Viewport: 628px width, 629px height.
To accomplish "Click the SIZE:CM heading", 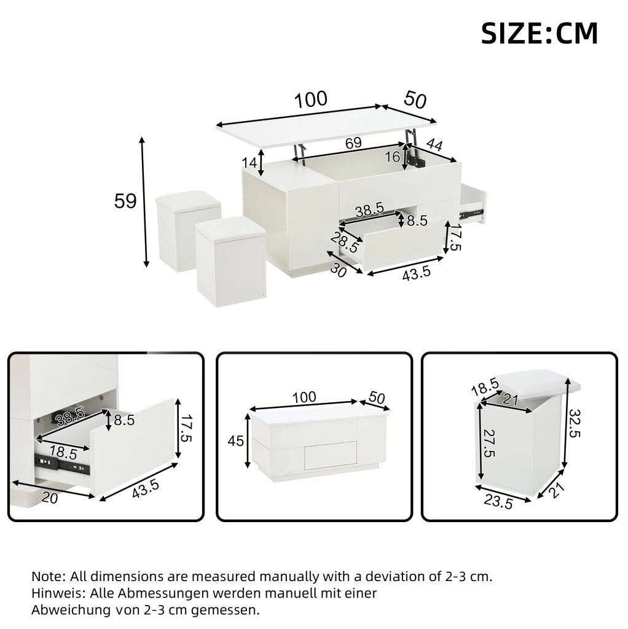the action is click(x=540, y=33).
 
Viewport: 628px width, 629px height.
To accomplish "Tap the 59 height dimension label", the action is click(x=125, y=201).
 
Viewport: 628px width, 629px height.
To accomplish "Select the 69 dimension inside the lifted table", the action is click(x=353, y=143).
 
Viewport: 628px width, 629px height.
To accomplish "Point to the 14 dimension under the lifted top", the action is click(x=249, y=163).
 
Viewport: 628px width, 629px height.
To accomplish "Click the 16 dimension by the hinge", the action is click(x=392, y=157).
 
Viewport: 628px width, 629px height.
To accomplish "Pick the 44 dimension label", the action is click(x=434, y=144).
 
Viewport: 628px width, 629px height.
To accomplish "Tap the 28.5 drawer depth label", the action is click(x=345, y=241).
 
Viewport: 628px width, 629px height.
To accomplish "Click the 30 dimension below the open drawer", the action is click(x=339, y=271).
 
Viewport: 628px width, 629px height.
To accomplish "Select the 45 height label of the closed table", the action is click(x=235, y=441).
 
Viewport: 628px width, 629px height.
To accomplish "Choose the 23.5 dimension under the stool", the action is click(x=498, y=501).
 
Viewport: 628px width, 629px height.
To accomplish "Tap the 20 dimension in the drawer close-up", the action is click(x=50, y=498).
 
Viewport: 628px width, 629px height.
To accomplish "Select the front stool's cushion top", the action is click(x=230, y=229).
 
